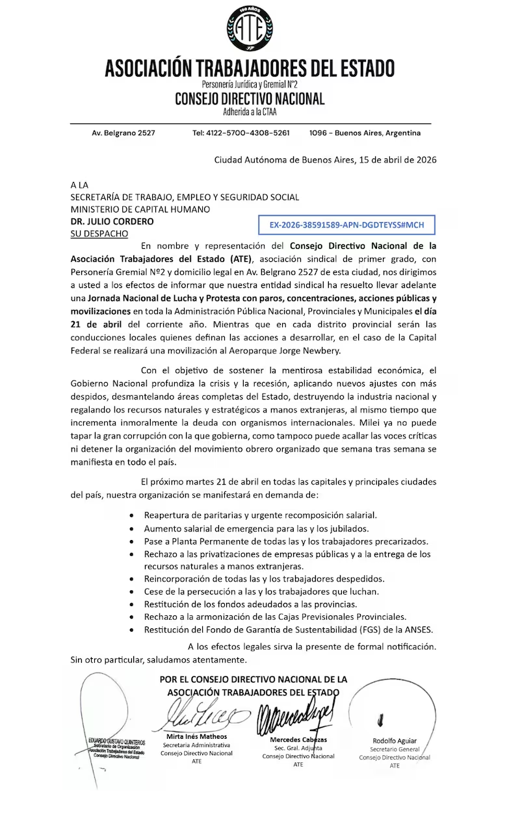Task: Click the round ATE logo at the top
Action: click(250, 29)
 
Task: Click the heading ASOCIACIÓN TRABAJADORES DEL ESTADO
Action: click(250, 68)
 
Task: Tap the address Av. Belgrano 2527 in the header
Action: click(123, 133)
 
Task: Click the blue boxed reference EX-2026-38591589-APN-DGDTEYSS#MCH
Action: click(346, 225)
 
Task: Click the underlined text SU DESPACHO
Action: click(99, 233)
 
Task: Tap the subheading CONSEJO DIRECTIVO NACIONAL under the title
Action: click(250, 99)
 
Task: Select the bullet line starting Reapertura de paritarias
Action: click(260, 515)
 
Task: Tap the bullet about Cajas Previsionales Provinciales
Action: click(276, 616)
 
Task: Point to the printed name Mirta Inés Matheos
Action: click(197, 736)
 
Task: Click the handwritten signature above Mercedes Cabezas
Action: click(296, 715)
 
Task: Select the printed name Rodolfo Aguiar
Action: click(395, 741)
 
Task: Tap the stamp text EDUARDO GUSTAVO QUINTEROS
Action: click(117, 741)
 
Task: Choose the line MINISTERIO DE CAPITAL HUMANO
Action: click(140, 209)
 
